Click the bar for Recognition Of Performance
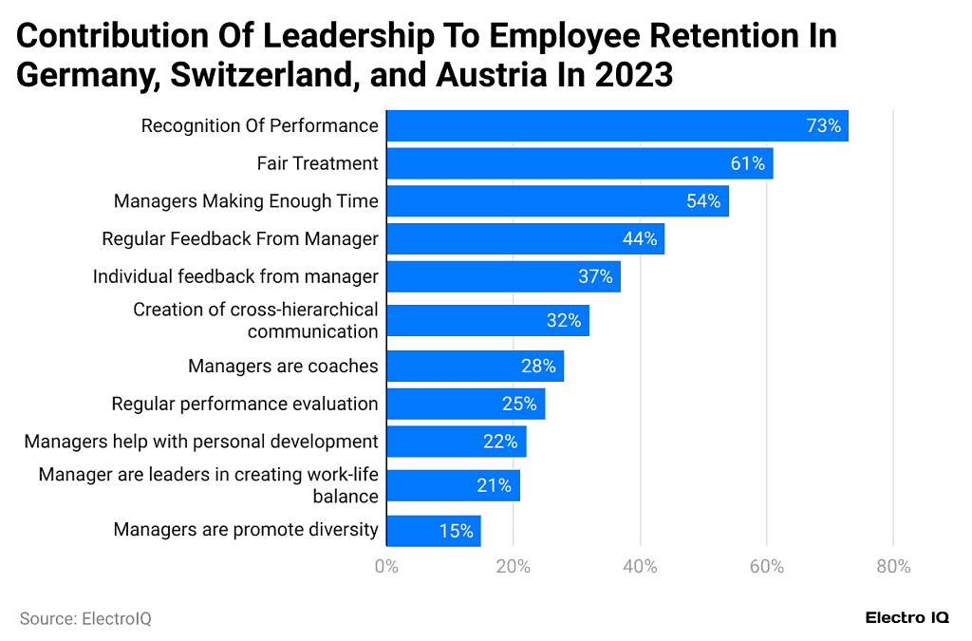point(617,125)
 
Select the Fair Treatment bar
point(579,163)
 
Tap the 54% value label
point(703,201)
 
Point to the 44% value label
point(640,239)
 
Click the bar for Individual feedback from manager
point(503,277)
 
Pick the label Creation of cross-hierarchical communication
point(255,321)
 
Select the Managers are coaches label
point(283,367)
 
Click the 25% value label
point(519,404)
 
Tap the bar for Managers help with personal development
point(456,442)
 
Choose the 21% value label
point(494,485)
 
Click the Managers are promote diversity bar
point(434,531)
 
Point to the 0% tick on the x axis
point(386,567)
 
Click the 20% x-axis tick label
point(514,567)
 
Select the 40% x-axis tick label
point(640,567)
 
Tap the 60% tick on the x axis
point(767,567)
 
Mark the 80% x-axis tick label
point(893,567)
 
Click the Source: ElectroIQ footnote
point(85,618)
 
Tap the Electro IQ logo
point(907,618)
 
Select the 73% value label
point(823,125)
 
